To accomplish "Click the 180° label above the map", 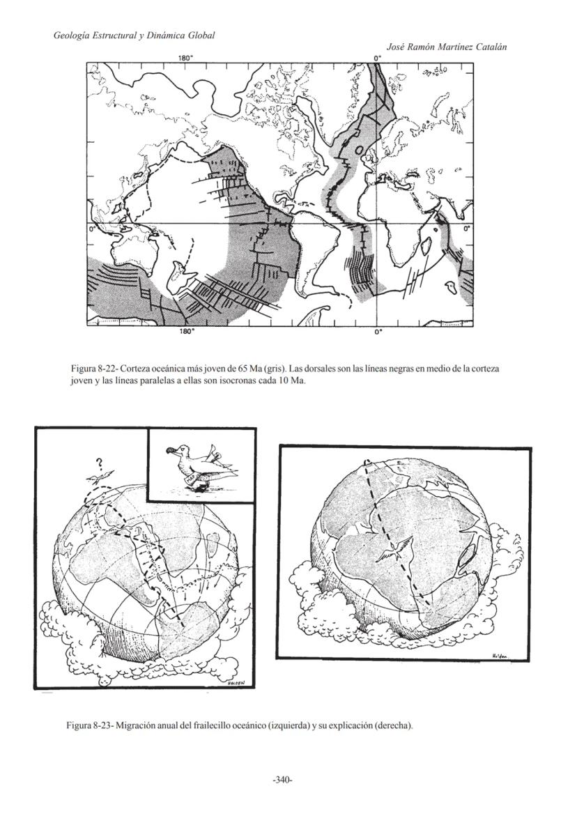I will [185, 58].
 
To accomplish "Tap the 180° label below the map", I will [186, 332].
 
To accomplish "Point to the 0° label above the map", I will [378, 58].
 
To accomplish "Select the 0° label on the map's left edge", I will [91, 228].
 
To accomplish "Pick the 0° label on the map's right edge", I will [468, 228].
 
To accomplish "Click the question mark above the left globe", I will [100, 462].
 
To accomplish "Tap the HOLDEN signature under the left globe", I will [238, 684].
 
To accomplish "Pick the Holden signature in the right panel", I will [500, 656].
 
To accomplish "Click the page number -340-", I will [282, 779].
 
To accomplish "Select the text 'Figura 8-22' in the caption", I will [93, 368].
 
